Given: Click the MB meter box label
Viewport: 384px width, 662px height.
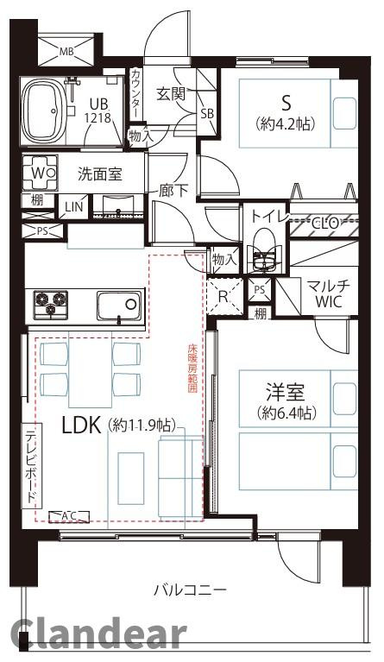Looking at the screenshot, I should pos(66,51).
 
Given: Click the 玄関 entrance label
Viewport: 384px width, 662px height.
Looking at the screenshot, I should pos(170,93).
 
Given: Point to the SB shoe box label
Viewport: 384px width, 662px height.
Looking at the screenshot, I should pos(207,113).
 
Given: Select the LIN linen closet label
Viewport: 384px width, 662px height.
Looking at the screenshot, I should pos(72,206).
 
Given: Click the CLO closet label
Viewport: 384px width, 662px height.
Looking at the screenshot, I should pos(324,224).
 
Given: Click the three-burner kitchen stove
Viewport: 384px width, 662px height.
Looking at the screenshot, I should pos(50,304).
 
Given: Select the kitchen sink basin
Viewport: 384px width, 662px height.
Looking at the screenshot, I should pos(118,305).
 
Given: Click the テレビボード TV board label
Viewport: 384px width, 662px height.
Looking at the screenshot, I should pos(31,467).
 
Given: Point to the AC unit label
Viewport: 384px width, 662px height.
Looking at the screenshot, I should pos(68,515).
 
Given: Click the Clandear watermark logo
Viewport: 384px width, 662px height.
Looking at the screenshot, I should pos(99,635).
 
